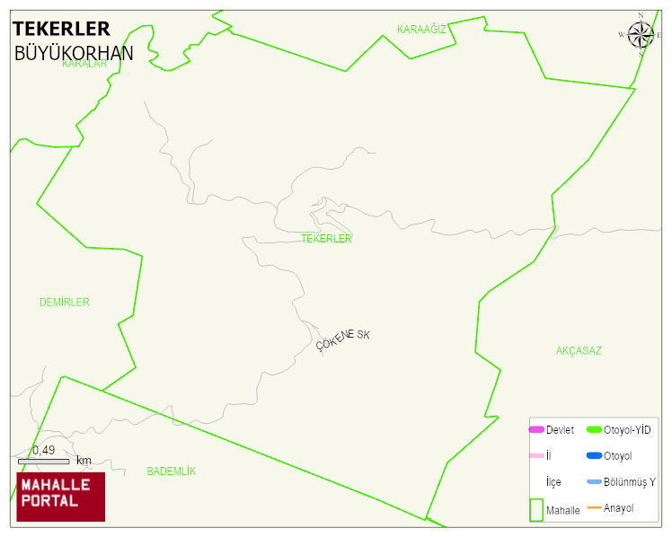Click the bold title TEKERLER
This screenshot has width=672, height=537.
click(x=61, y=29)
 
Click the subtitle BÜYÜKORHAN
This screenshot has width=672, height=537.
click(x=74, y=53)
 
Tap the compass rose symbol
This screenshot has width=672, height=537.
click(x=641, y=35)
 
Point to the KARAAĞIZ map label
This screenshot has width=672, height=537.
click(x=421, y=30)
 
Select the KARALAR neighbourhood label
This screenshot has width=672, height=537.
click(x=84, y=64)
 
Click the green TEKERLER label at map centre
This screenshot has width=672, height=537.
click(x=326, y=239)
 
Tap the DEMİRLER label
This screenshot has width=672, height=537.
click(x=65, y=303)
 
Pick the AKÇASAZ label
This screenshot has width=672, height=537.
click(x=579, y=350)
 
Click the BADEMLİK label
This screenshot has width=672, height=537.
click(x=171, y=471)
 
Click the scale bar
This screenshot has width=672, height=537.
click(x=43, y=461)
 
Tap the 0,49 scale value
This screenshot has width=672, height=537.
click(x=43, y=450)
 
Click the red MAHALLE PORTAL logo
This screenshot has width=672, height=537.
click(x=61, y=497)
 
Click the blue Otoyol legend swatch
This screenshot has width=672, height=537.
click(x=594, y=456)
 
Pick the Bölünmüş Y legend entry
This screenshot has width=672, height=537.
click(x=630, y=482)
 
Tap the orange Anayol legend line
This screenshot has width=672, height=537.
click(x=594, y=508)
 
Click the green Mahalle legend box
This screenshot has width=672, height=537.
click(x=536, y=509)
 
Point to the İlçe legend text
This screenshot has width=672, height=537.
click(x=553, y=482)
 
